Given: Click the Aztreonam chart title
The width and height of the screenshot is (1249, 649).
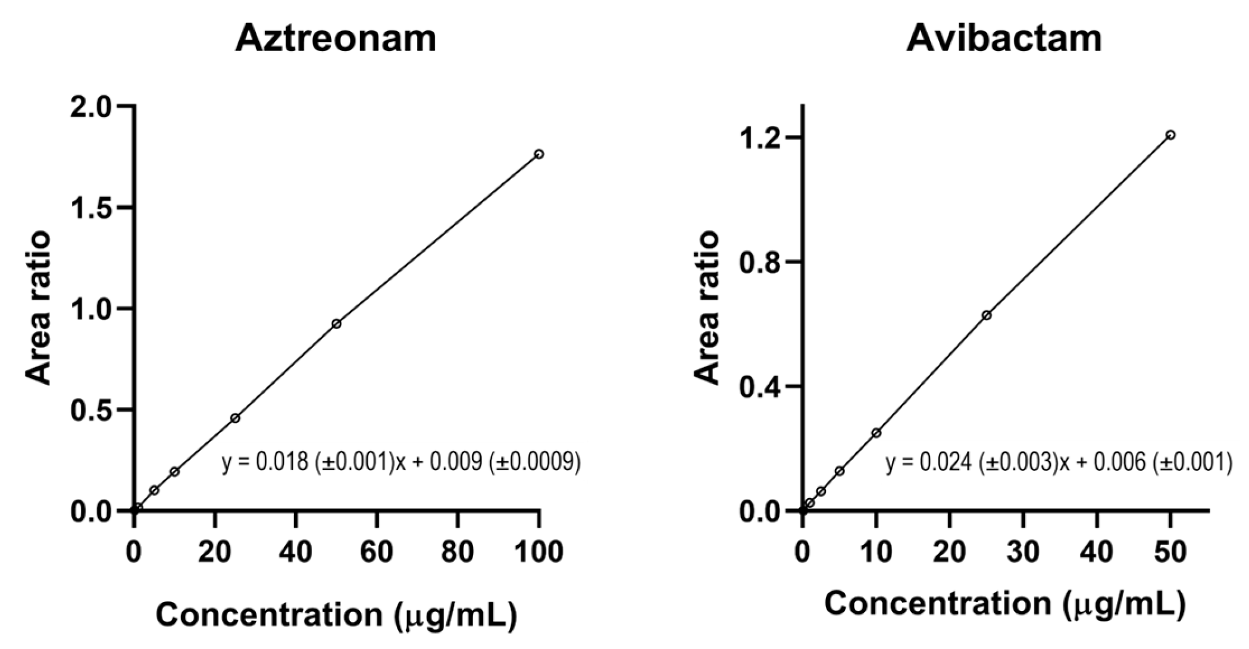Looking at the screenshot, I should (336, 39).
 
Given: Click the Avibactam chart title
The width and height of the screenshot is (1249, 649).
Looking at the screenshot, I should (1004, 39).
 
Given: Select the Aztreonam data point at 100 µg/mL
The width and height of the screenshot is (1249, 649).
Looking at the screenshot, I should (539, 154).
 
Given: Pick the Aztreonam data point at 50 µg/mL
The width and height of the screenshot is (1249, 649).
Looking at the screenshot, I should (336, 324).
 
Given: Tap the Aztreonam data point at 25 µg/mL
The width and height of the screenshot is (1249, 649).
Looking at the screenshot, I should (235, 418).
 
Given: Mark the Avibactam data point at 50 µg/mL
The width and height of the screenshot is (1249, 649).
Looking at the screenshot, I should (1170, 135).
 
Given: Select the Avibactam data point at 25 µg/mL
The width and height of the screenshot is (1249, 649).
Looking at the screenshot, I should (987, 315).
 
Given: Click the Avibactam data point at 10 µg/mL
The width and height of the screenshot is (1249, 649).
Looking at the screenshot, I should (876, 433).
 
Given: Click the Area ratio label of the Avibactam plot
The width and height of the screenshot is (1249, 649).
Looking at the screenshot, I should (707, 308).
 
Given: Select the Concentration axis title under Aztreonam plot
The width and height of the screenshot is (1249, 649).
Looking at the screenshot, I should (336, 614).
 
